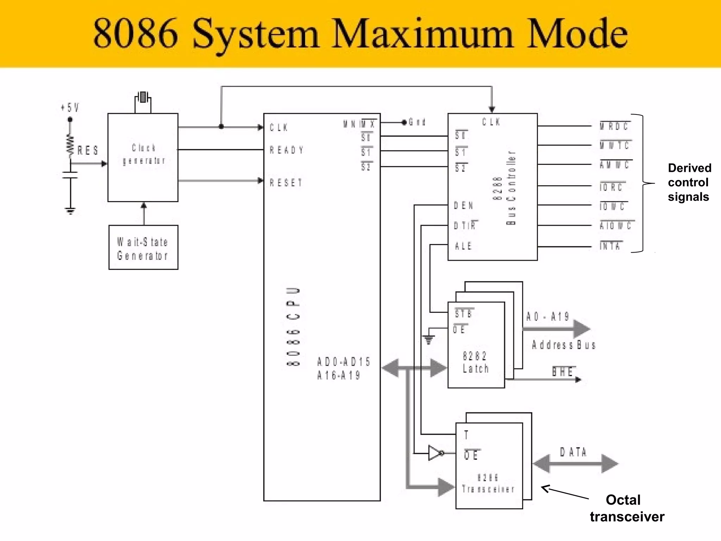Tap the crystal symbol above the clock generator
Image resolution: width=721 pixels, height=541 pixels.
point(143,97)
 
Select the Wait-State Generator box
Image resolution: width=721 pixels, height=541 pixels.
point(143,248)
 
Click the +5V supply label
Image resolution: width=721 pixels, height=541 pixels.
point(70,107)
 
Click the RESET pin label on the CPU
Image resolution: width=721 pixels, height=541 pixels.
point(286,183)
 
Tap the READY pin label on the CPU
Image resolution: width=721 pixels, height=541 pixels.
point(286,150)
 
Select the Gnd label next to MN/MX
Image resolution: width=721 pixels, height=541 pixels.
point(417,122)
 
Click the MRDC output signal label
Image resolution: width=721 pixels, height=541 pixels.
point(614,126)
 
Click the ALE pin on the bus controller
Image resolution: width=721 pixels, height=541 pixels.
point(463,246)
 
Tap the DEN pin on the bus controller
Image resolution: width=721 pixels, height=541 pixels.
point(463,205)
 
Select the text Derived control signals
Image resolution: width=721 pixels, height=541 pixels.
point(689,182)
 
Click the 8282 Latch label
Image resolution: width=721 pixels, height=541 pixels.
point(475,362)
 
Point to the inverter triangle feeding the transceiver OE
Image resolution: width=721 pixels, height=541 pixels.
point(435,453)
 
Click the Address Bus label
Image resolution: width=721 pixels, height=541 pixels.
point(564,345)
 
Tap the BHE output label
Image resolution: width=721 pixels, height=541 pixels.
point(563,372)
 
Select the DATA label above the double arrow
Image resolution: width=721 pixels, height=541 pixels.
point(573,452)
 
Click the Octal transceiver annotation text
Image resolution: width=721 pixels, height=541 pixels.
point(627,508)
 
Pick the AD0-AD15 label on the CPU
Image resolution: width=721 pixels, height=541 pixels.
point(344,362)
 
